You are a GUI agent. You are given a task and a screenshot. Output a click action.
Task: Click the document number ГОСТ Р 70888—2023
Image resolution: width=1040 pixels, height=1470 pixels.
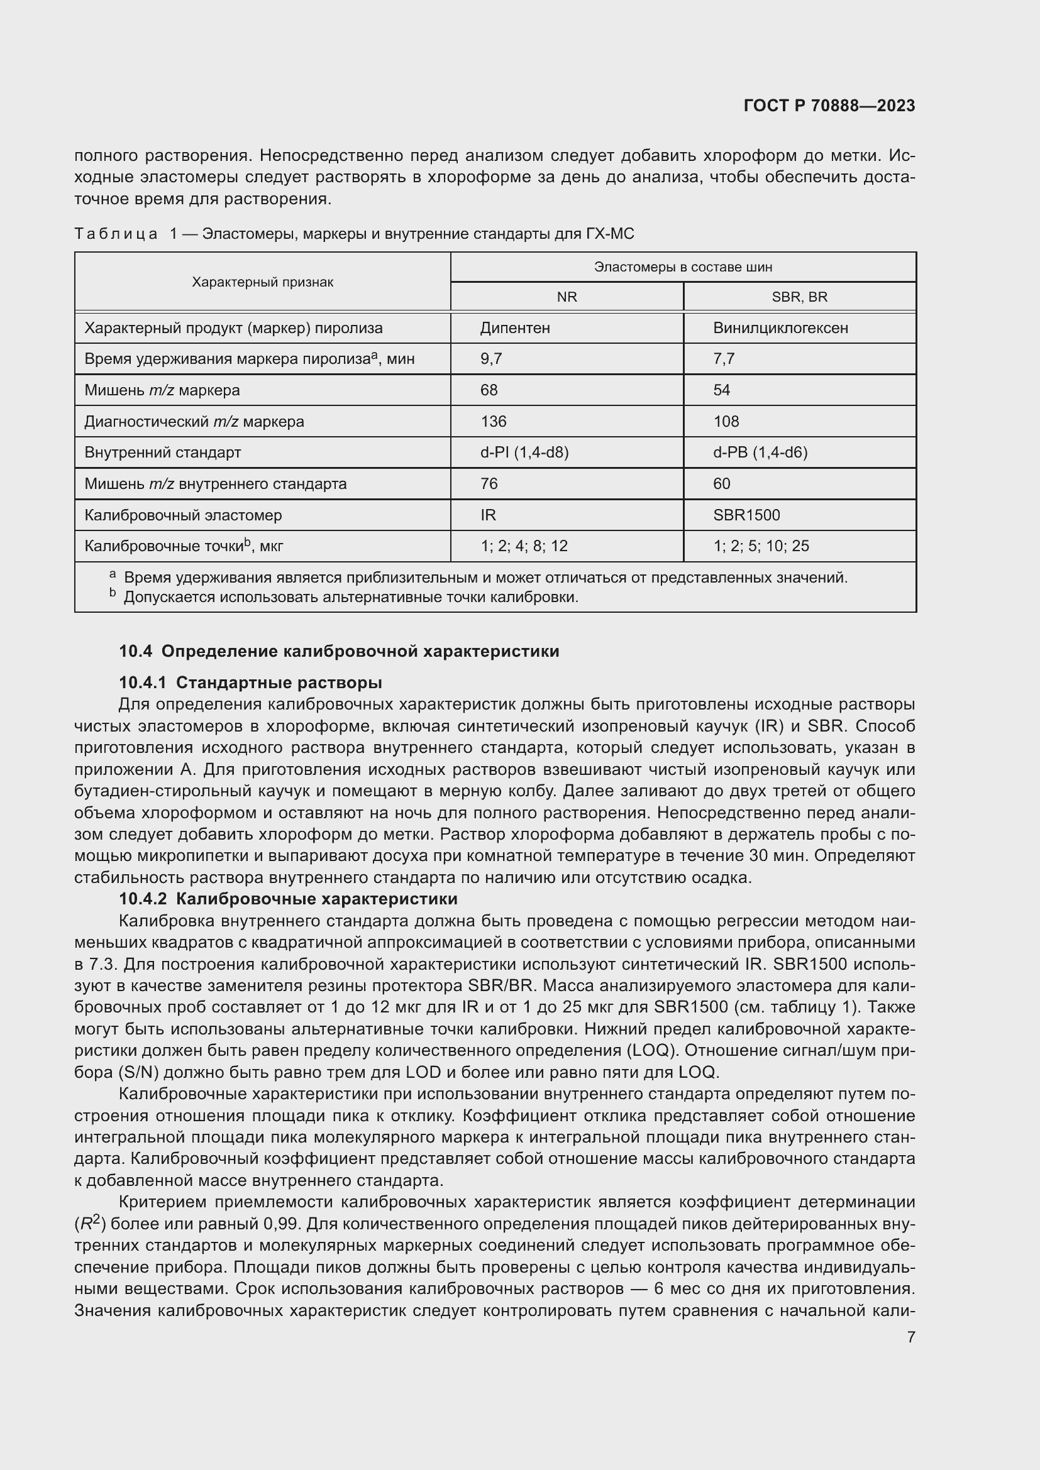829,106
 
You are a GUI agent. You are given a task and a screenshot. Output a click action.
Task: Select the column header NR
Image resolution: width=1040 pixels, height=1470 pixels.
567,297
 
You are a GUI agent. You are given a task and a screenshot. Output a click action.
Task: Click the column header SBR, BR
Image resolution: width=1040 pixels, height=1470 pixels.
799,297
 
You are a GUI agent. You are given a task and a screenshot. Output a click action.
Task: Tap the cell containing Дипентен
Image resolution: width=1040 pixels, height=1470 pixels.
515,329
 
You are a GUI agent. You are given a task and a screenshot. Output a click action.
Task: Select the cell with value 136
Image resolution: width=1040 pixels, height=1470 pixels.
493,422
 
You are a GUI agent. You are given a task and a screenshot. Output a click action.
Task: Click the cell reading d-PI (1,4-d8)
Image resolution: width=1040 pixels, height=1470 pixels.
524,453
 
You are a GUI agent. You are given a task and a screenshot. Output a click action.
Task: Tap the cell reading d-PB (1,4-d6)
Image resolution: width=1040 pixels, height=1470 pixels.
760,453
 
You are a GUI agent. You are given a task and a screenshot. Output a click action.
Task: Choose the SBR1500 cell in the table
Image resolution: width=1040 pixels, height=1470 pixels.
746,515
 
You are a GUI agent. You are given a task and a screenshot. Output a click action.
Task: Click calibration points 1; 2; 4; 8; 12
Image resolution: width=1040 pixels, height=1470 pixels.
524,546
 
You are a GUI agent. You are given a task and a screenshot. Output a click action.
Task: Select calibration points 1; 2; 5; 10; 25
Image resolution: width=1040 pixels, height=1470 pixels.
761,546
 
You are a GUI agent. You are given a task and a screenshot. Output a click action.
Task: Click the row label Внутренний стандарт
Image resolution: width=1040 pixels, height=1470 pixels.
163,453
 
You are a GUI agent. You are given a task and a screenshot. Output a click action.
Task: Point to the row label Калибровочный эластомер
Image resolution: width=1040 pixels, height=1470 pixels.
183,515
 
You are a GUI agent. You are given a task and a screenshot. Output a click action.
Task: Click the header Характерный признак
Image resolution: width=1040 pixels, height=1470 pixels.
263,282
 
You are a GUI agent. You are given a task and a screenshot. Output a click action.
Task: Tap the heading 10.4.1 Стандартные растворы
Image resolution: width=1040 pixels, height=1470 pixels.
250,683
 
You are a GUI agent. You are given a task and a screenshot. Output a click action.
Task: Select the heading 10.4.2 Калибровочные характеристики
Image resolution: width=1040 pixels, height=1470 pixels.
288,899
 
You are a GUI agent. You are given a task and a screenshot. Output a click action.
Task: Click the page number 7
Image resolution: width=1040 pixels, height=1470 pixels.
910,1337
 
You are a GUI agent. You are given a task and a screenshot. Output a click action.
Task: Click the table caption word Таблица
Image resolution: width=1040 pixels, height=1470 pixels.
116,234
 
